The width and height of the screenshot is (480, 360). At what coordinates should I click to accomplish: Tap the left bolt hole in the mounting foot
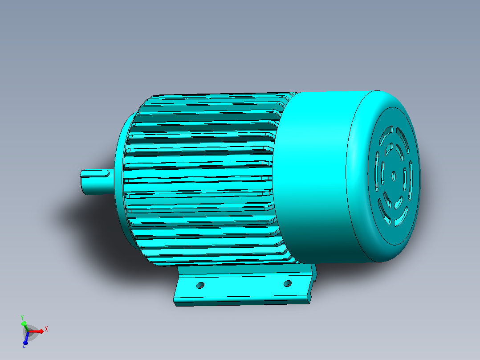tap(200, 286)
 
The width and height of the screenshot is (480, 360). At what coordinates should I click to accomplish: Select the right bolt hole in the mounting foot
tap(288, 284)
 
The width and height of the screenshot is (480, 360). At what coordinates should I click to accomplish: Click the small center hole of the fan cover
tap(394, 176)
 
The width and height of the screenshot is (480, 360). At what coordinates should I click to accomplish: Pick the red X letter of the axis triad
tap(46, 329)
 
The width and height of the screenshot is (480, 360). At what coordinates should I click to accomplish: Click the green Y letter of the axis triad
tap(22, 317)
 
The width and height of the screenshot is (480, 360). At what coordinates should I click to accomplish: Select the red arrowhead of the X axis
tap(41, 331)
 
